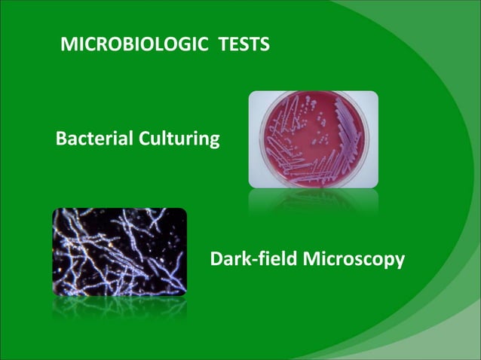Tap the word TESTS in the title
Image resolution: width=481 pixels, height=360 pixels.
(x=243, y=46)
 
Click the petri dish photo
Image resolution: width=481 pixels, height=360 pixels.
(x=313, y=139)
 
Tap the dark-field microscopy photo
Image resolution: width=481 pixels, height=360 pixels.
(x=118, y=251)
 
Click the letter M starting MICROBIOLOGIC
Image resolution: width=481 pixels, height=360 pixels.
(x=67, y=46)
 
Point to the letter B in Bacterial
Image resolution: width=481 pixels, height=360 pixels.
(x=61, y=139)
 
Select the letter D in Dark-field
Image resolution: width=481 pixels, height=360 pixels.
(x=216, y=260)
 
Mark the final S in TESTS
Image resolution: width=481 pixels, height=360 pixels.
(x=264, y=46)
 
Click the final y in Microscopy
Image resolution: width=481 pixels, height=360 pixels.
(x=400, y=263)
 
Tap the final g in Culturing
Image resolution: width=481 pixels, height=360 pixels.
(x=215, y=142)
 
